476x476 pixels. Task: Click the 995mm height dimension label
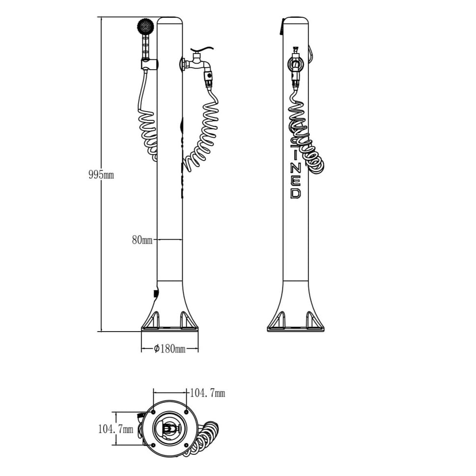tap(101, 175)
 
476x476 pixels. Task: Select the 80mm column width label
tap(142, 240)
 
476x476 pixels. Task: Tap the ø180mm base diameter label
tap(169, 349)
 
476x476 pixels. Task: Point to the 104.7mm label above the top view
tap(207, 393)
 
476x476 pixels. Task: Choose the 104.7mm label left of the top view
tap(115, 429)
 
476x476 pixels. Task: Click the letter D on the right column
tap(295, 193)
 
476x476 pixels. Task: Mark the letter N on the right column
tap(295, 167)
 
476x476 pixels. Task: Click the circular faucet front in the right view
tap(295, 63)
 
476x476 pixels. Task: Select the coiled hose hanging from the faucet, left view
tap(204, 133)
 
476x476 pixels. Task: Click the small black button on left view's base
tap(156, 293)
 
